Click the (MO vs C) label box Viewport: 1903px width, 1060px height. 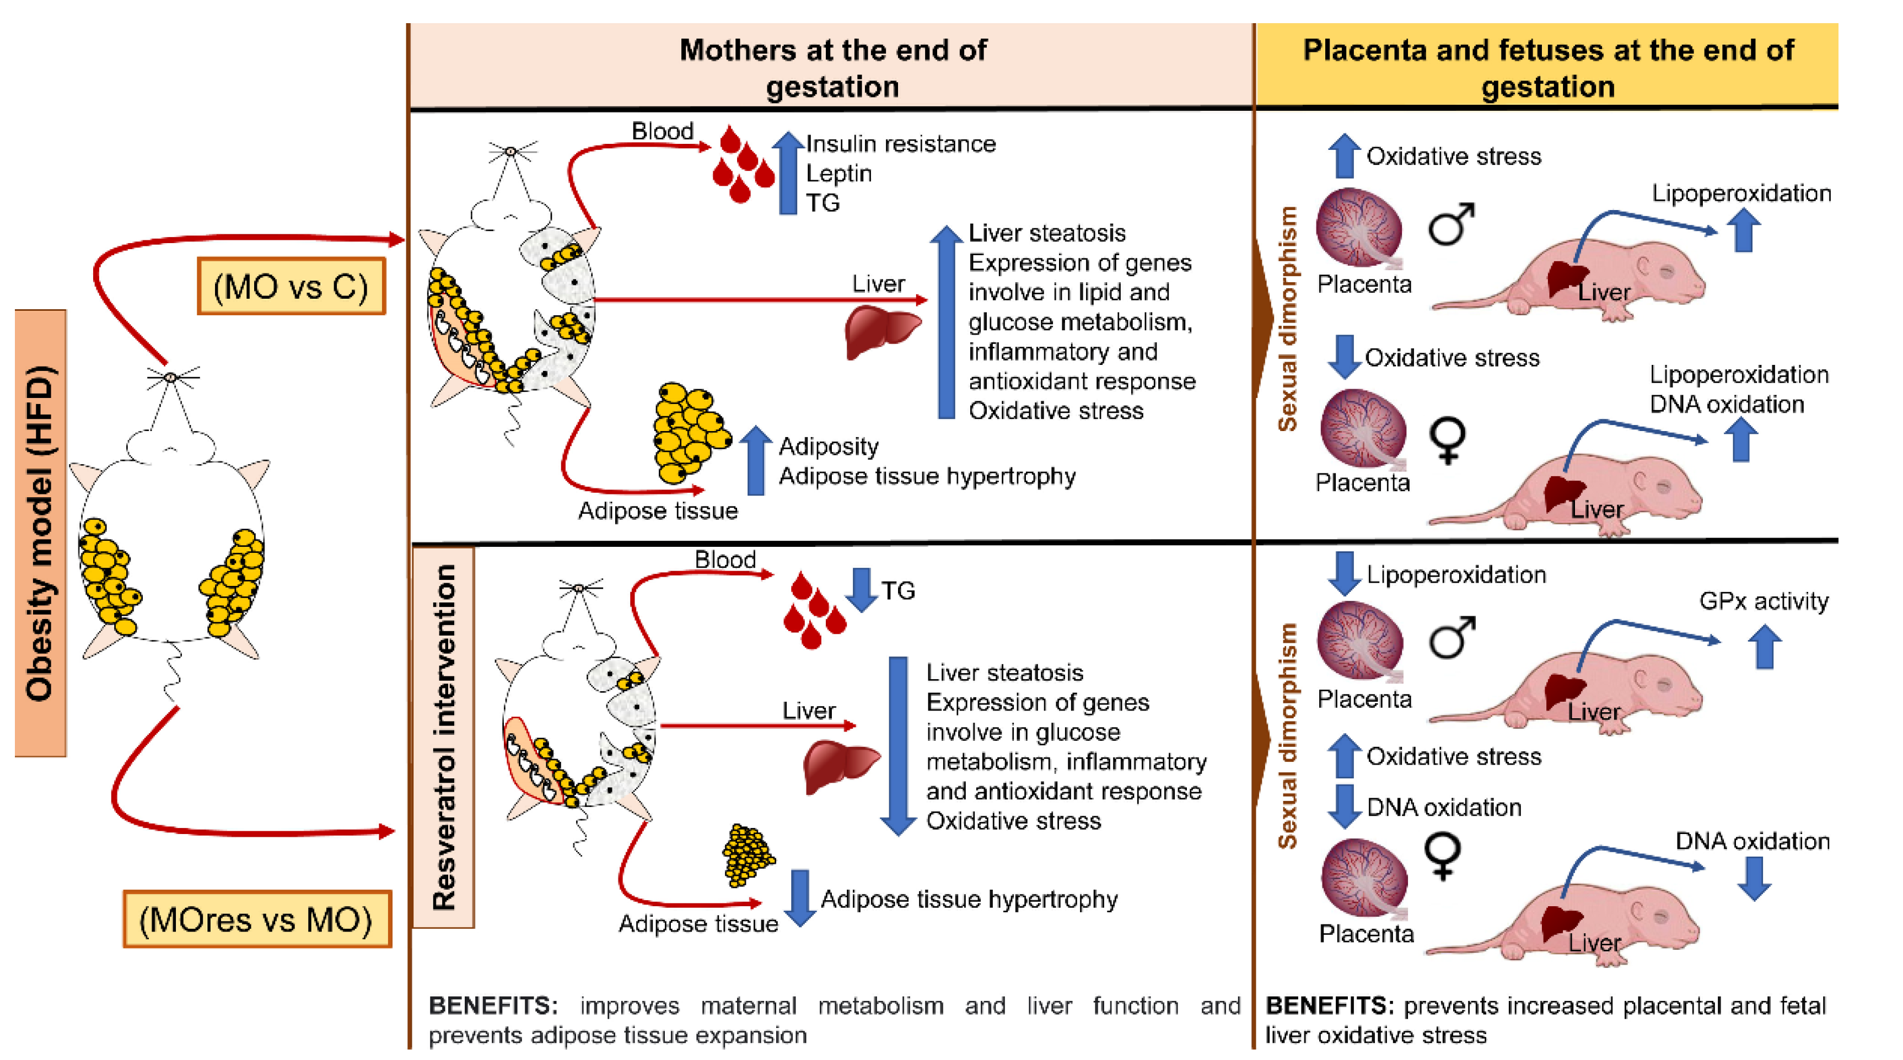click(x=291, y=286)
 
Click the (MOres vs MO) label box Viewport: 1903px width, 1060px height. click(x=256, y=919)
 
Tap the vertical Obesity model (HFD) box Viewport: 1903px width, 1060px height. click(x=41, y=532)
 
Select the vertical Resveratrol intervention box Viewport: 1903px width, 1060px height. click(x=443, y=736)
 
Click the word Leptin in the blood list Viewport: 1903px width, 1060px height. click(x=838, y=173)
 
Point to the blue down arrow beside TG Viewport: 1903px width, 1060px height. click(x=861, y=589)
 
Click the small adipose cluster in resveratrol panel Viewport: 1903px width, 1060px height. click(x=748, y=855)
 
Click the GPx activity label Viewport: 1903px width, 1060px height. click(x=1764, y=600)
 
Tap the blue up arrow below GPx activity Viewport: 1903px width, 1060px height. click(x=1765, y=647)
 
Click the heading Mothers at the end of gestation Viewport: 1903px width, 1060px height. click(x=832, y=67)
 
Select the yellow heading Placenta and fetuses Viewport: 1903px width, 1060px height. click(x=1547, y=67)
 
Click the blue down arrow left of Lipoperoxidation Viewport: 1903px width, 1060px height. click(x=1345, y=573)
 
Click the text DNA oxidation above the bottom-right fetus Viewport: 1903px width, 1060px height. click(x=1751, y=841)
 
